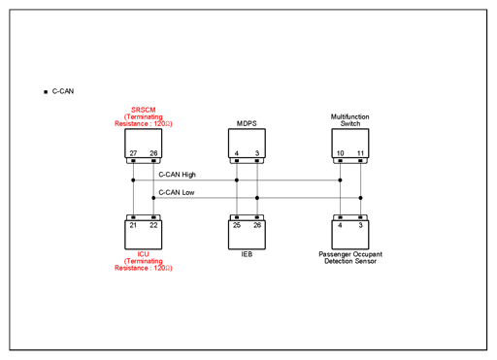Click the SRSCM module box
pos(144,144)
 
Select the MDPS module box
pos(247,144)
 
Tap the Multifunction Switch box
pos(350,144)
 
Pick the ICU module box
pos(144,235)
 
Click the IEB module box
pos(247,235)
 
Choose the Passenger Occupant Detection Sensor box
pos(350,235)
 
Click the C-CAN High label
pos(177,175)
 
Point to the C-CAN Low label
pos(177,192)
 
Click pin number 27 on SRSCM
pos(133,153)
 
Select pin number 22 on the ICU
pos(153,225)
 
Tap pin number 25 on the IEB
pos(237,225)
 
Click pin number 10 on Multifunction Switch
pos(340,153)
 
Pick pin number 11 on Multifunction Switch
pos(360,153)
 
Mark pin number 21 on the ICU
pos(133,225)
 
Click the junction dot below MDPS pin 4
pos(237,180)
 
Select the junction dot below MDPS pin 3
pos(257,198)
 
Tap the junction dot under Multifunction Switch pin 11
pos(360,198)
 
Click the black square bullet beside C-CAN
pos(46,92)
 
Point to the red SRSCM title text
pos(144,110)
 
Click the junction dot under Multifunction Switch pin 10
pos(340,180)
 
